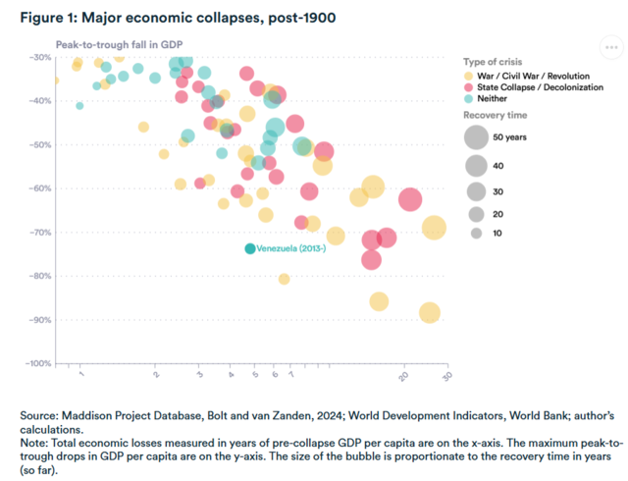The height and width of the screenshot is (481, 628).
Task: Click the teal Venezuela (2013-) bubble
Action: coord(250,248)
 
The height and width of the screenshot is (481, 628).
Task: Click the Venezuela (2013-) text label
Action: coord(291,248)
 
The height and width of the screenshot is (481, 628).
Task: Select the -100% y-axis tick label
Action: coord(36,363)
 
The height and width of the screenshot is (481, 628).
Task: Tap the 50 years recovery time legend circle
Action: coord(476,136)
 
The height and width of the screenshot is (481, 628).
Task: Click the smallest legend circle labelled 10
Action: coord(476,233)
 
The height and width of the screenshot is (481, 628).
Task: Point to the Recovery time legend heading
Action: coord(497,115)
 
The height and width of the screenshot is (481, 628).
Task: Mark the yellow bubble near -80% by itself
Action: coord(284,279)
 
